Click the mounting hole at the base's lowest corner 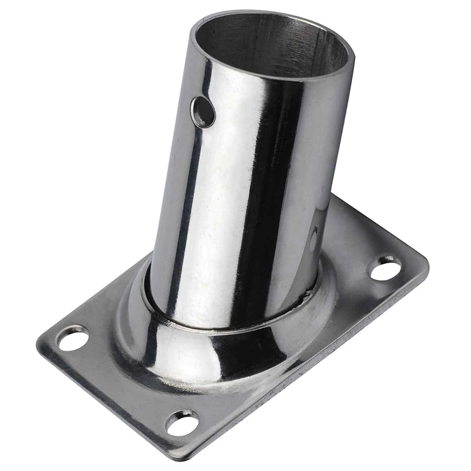tap(183, 422)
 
